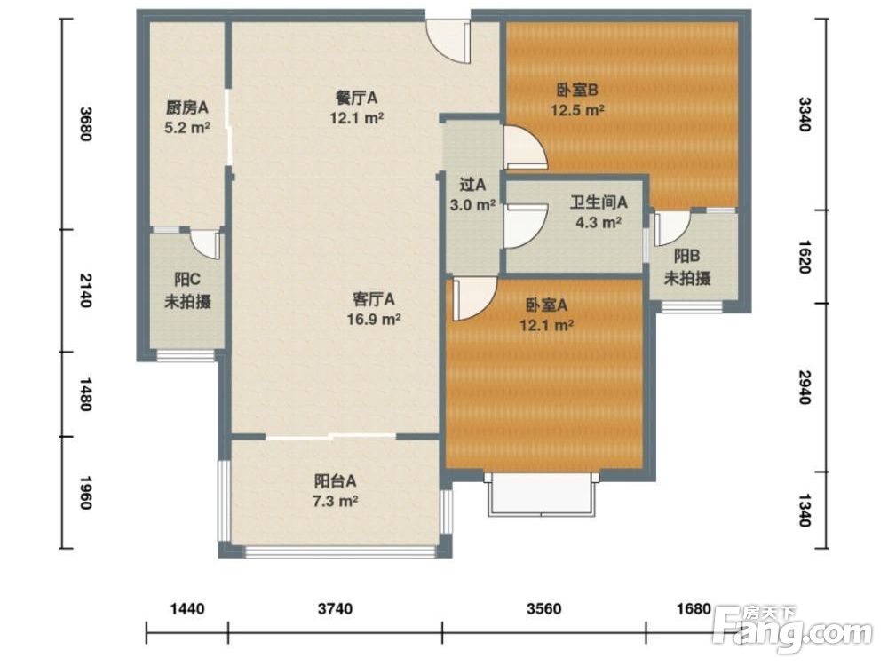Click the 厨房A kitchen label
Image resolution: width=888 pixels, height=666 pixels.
pos(187,107)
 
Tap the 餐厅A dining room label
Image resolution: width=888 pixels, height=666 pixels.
pos(357,98)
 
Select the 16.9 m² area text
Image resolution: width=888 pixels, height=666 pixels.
pos(374,320)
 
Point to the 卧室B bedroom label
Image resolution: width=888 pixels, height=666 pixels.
pos(578,90)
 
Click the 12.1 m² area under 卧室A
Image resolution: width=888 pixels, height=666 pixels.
pos(547,325)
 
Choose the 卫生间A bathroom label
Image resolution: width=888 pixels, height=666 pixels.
pos(599,202)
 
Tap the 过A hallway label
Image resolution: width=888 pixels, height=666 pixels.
pos(472,185)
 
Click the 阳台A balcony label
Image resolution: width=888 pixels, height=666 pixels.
pos(336,481)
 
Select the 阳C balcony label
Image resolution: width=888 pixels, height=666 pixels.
pos(187,279)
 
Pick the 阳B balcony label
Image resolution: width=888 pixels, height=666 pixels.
pos(686,256)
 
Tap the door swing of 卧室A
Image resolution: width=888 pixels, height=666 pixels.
pos(474,298)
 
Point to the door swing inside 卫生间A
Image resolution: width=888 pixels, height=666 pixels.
pos(525,226)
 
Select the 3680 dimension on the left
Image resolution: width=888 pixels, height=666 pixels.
pos(85,123)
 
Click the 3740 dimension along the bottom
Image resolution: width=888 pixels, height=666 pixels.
pos(336,609)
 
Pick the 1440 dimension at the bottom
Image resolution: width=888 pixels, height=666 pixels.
pos(187,609)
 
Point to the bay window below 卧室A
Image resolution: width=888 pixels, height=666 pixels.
pos(543,494)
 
